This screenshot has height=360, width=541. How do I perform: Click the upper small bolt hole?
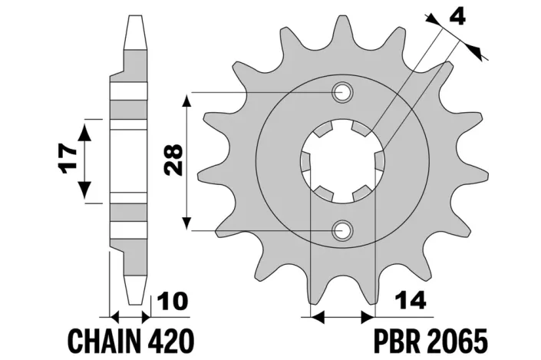coord(341,94)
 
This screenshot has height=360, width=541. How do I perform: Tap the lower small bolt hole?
coord(341,229)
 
